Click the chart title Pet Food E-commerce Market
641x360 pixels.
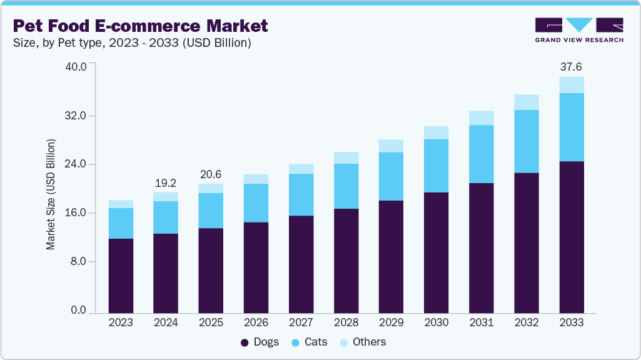(x=140, y=26)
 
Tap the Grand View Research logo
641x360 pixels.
(x=579, y=30)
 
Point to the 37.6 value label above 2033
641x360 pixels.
(x=572, y=67)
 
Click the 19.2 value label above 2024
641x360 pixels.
(x=166, y=183)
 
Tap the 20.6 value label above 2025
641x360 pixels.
(x=211, y=174)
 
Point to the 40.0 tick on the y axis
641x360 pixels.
(x=77, y=67)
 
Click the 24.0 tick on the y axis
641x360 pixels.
(x=77, y=164)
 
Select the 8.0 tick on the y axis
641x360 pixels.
(x=79, y=261)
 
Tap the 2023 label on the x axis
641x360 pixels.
(x=121, y=322)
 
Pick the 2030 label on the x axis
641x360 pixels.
(x=437, y=322)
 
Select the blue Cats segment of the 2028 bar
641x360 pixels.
(x=346, y=186)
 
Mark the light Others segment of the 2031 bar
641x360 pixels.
(x=482, y=117)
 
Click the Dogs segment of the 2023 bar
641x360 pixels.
(x=121, y=275)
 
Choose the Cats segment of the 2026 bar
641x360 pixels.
(x=256, y=202)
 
